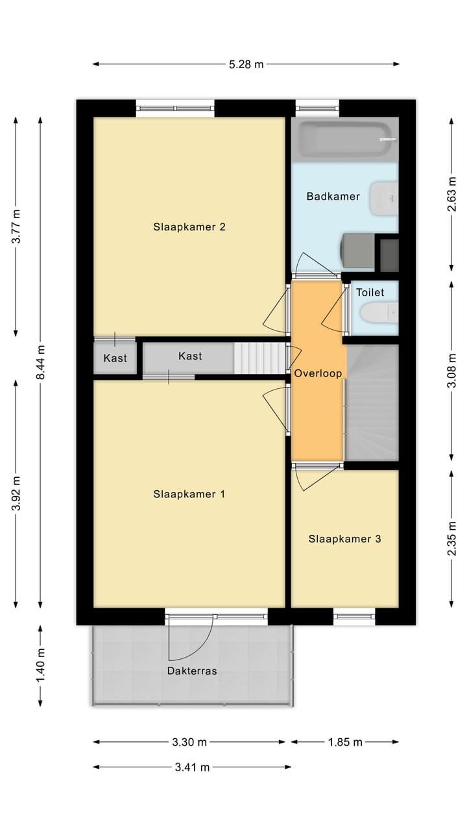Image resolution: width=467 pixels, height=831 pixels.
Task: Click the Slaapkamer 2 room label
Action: tap(189, 227)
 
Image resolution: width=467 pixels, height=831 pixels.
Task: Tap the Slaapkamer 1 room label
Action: tap(189, 494)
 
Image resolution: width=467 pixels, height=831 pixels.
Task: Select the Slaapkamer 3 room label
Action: tap(344, 539)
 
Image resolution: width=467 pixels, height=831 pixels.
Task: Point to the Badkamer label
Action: tap(333, 196)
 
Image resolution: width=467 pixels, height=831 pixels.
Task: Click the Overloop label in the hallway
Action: tap(317, 374)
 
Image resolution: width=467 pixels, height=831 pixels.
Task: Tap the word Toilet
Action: tap(370, 293)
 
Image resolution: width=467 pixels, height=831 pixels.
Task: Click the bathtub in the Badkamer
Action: tap(344, 139)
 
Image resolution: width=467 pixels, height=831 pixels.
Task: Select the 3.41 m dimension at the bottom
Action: tap(192, 767)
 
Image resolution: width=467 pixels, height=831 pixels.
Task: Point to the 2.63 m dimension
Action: tap(452, 195)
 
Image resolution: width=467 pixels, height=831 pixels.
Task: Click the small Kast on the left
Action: tap(115, 358)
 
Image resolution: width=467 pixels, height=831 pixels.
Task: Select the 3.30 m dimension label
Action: tap(189, 742)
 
